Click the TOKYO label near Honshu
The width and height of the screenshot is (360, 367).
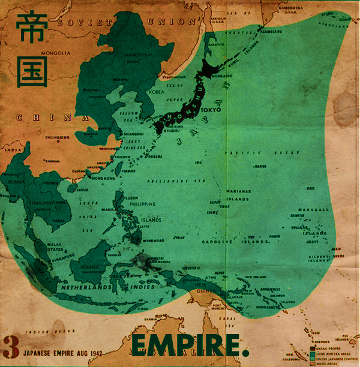pyautogui.click(x=211, y=110)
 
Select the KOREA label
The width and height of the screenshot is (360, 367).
pyautogui.click(x=156, y=93)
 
